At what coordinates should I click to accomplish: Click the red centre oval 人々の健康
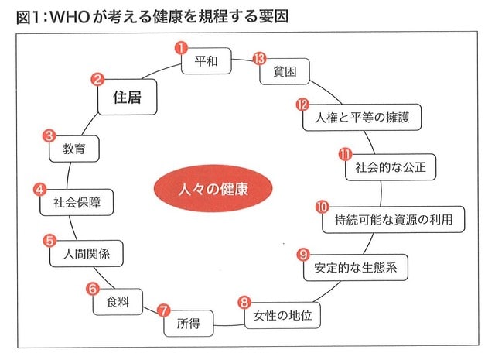213,189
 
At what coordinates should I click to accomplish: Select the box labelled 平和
207,61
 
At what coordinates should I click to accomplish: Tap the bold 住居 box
127,97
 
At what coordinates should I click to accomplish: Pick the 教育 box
74,149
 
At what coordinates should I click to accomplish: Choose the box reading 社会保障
77,203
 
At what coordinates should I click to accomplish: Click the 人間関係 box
86,254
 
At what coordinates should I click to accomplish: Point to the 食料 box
118,302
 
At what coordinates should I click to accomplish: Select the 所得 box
189,324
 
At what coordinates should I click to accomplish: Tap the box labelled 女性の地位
282,315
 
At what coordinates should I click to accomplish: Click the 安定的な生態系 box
356,267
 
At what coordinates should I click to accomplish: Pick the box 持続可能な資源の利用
394,220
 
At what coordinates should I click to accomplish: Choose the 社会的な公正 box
391,167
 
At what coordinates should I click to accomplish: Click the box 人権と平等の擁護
362,117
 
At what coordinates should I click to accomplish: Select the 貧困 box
285,71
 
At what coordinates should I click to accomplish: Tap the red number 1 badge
181,48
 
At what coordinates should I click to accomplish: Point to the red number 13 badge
260,59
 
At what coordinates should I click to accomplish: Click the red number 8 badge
244,303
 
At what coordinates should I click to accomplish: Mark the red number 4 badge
39,190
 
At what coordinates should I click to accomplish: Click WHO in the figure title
70,17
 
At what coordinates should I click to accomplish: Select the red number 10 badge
323,207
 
